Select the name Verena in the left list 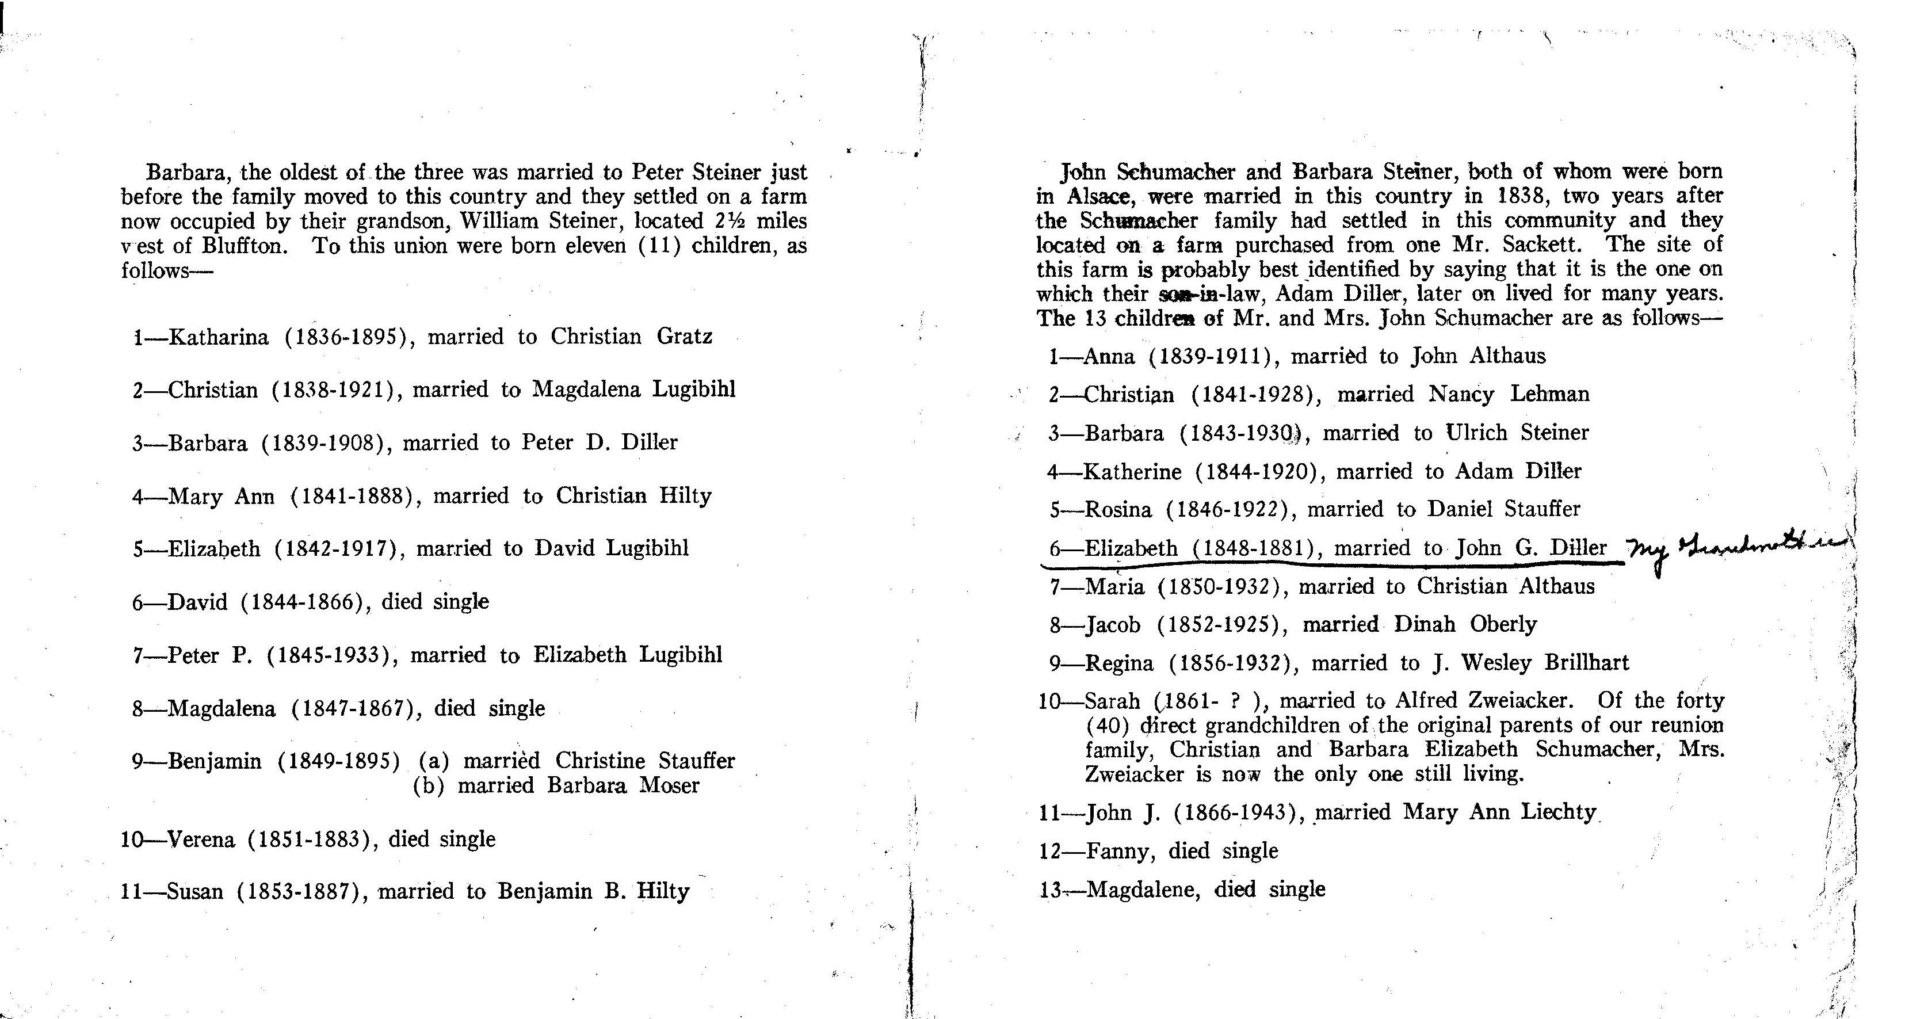(201, 839)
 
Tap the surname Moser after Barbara (670, 785)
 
